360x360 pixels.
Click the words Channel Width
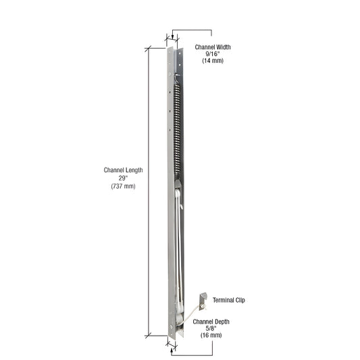(x=213, y=47)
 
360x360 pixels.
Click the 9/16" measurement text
(x=213, y=54)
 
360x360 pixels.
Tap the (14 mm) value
(x=213, y=61)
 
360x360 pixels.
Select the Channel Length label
(x=123, y=170)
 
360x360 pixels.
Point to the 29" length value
(x=123, y=178)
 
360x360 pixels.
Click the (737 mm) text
(x=123, y=186)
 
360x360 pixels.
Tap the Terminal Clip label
(x=229, y=299)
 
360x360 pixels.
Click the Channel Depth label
(x=211, y=321)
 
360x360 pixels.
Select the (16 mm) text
(x=211, y=335)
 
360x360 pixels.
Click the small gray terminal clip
(x=202, y=298)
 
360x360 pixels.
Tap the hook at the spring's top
(x=178, y=80)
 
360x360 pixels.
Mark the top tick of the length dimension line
(x=148, y=47)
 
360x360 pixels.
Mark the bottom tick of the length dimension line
(x=148, y=334)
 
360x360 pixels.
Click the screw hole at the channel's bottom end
(x=171, y=330)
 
